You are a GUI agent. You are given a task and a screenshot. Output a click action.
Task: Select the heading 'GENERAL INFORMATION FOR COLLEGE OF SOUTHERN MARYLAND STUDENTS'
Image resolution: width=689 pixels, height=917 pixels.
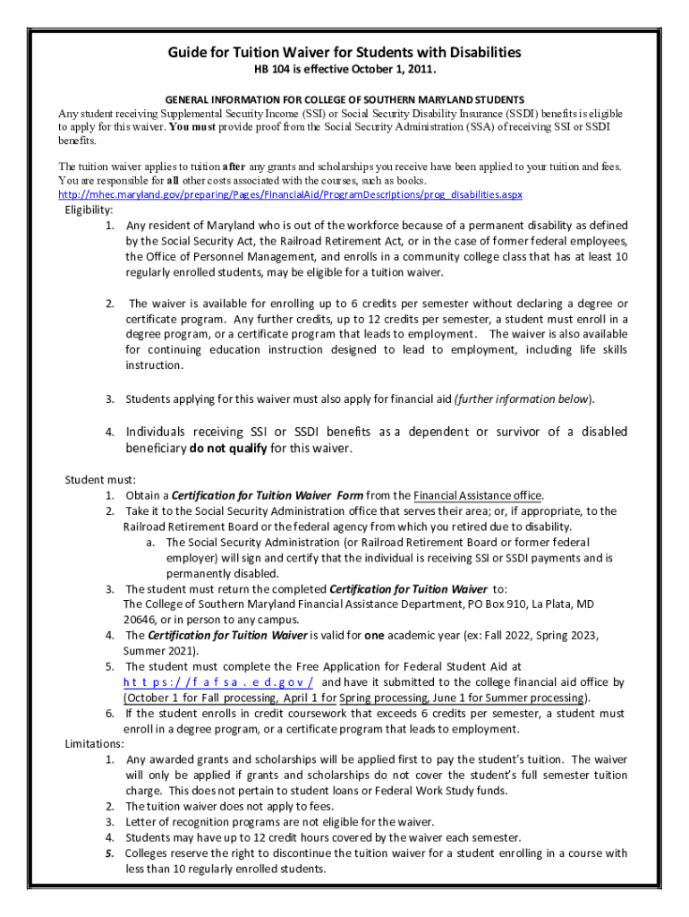coord(344,99)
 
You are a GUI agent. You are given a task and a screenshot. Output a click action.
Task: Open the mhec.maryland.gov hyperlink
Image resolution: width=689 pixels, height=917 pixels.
coord(290,194)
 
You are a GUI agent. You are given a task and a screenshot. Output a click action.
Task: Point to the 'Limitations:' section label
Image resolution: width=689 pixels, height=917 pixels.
coord(95,743)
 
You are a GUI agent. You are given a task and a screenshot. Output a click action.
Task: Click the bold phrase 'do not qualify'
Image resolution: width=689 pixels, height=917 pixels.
coord(227,448)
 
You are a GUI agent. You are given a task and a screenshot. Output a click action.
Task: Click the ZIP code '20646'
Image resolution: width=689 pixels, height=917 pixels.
coord(140,619)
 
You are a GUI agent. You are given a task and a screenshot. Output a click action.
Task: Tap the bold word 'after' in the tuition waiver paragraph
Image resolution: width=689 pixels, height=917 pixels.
coord(234,167)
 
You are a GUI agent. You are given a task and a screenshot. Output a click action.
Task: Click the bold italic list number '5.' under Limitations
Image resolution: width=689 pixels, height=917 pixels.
coord(109,853)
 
